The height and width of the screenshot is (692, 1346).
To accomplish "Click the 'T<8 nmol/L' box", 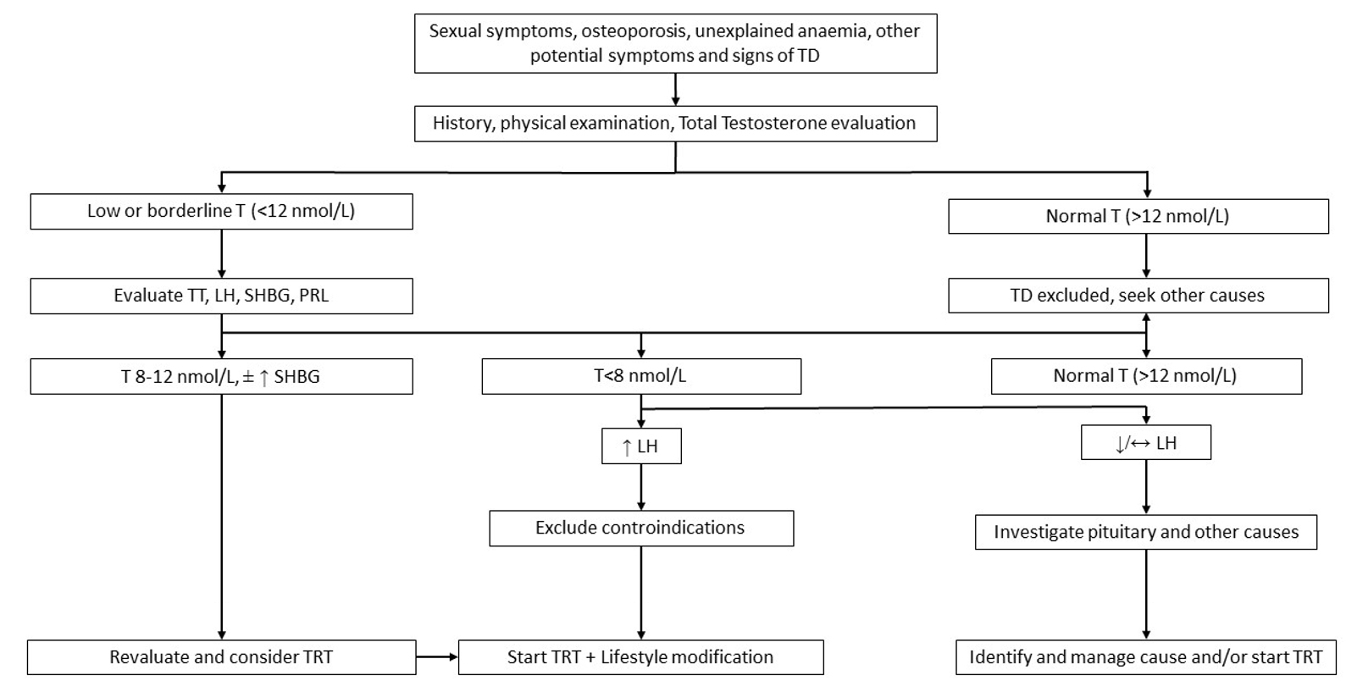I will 640,376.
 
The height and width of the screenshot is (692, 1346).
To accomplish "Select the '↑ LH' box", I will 640,446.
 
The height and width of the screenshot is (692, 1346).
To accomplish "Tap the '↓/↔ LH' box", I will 1145,443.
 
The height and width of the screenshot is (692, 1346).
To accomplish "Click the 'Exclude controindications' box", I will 640,528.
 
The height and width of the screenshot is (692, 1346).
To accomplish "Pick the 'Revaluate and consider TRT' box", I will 221,657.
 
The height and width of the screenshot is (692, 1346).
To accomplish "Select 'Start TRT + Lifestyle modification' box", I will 640,657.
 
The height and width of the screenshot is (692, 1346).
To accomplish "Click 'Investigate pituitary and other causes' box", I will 1145,532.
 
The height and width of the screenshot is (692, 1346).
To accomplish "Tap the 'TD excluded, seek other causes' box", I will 1138,296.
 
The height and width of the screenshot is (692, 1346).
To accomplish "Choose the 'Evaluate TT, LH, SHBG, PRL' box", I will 221,296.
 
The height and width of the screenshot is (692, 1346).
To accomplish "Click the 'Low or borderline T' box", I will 221,211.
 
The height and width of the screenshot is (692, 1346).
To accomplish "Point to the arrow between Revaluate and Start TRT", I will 437,656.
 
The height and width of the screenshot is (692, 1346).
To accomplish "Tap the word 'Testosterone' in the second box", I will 772,123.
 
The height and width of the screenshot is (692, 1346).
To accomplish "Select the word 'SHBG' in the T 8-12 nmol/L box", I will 296,376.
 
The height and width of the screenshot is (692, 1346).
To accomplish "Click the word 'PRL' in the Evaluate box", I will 313,296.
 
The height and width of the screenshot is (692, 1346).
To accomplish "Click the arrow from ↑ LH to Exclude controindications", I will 640,487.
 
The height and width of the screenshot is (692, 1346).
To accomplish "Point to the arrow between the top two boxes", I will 675,89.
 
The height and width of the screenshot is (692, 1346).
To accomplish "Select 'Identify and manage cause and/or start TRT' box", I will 1145,657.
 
